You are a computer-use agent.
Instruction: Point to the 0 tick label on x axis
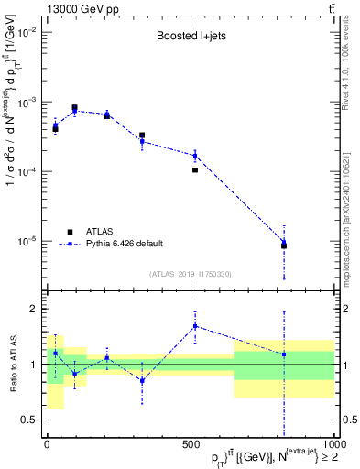pyautogui.click(x=47, y=444)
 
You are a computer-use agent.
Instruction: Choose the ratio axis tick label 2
pyautogui.click(x=33, y=310)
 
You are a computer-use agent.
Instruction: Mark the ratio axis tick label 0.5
pyautogui.click(x=28, y=420)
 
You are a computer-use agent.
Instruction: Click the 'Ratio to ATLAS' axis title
pyautogui.click(x=10, y=365)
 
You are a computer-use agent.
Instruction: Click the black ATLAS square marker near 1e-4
pyautogui.click(x=195, y=169)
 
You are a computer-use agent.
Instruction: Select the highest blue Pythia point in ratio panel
pyautogui.click(x=195, y=326)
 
